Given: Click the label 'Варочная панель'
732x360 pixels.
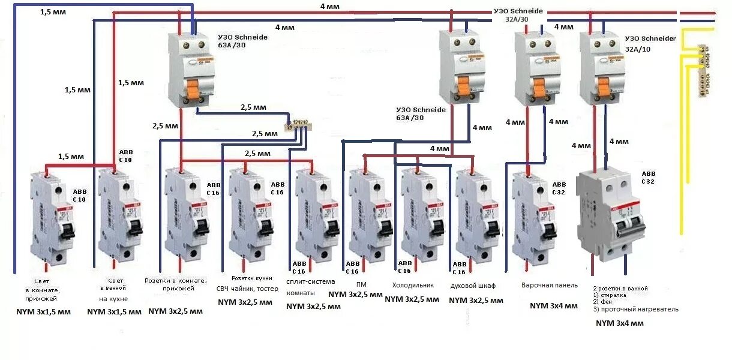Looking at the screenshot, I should pos(549,285).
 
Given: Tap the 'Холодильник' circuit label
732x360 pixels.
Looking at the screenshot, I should pos(413,286).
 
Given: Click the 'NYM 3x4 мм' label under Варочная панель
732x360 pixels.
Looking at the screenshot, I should pos(553,306).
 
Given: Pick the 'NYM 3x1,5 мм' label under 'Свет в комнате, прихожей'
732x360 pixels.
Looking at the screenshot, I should pos(43,312).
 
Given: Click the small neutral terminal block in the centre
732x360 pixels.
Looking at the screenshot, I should pos(296,125).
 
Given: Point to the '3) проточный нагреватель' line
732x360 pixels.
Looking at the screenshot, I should pos(635,310).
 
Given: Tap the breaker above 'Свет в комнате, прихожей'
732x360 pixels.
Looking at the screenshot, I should pos(54,216).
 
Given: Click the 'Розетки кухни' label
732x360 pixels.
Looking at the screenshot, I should pos(252,278).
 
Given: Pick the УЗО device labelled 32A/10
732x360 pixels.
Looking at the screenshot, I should pos(601,69).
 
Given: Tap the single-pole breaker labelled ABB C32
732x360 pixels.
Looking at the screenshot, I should pos(531,216).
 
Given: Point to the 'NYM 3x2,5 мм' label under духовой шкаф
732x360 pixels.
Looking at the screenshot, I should pos(476,301).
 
